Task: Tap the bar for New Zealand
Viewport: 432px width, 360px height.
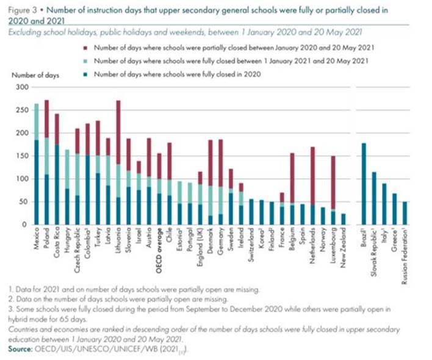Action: pos(343,219)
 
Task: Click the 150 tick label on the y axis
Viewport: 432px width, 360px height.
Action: pos(22,156)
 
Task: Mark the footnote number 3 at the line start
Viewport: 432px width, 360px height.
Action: pos(10,309)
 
